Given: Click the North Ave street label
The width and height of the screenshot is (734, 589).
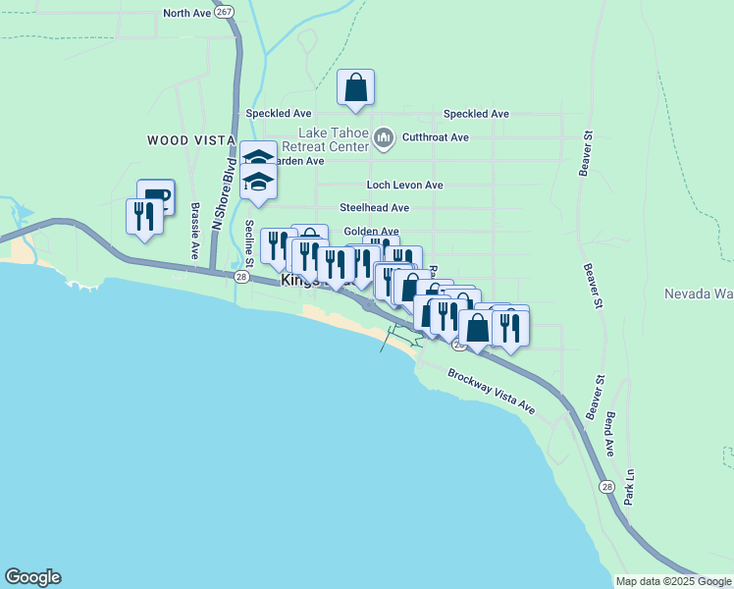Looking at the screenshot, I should pos(187,13).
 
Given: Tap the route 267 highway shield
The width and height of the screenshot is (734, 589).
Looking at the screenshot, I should pos(226,11).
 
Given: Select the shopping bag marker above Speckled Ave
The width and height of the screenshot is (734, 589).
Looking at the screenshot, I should pos(355,87).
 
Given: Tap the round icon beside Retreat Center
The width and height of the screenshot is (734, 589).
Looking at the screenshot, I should pos(384,141).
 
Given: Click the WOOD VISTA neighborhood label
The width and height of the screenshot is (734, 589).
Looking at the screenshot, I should pos(190,140).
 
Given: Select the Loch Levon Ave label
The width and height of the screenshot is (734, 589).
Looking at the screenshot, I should pos(404,185).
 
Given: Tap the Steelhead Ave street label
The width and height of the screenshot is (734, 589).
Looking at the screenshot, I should pos(374,208).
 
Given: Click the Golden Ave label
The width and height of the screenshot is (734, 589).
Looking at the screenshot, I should pos(370,232).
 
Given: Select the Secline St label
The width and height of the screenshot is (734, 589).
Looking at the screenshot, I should pos(249,243).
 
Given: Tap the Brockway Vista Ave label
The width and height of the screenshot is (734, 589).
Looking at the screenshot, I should pos(491,391).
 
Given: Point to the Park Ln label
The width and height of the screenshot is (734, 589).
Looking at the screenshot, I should pos(631,487).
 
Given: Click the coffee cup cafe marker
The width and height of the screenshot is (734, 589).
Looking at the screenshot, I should pos(156,196).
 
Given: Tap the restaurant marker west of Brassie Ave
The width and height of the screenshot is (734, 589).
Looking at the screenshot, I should pos(144,216).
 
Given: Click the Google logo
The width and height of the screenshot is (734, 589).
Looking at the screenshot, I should pos(32,577).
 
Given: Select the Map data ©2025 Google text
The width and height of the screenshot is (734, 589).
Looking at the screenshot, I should pos(673,581).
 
